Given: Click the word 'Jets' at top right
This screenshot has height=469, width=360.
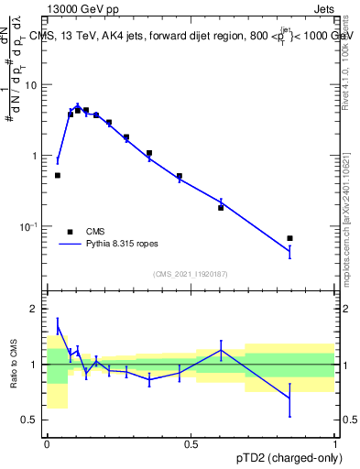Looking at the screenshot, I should [x=322, y=8].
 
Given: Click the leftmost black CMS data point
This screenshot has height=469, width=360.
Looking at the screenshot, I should [x=58, y=175].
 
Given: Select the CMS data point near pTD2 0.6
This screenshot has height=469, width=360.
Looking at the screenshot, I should [x=221, y=208].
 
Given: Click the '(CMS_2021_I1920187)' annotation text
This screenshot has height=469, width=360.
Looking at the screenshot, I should [x=191, y=274].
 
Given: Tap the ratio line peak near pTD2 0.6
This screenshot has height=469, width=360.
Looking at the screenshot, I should [x=221, y=350].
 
